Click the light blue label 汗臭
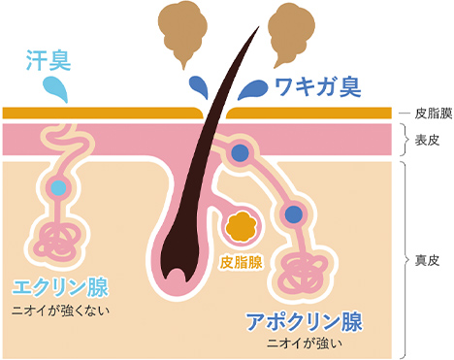click(x=48, y=63)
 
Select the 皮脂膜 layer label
click(x=429, y=113)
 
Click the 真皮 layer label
click(x=428, y=260)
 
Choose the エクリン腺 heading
click(x=59, y=287)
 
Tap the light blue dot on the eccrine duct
click(x=59, y=187)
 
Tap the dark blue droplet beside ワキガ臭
click(x=250, y=89)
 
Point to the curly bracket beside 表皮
click(x=404, y=139)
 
